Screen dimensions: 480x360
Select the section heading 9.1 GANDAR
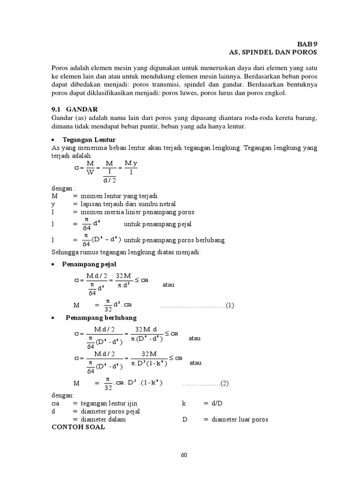pyautogui.click(x=74, y=109)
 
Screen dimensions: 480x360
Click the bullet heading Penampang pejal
pyautogui.click(x=89, y=264)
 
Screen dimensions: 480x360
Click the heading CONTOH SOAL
pyautogui.click(x=78, y=427)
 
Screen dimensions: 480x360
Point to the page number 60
pyautogui.click(x=184, y=454)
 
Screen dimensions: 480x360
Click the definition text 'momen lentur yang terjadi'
pyautogui.click(x=119, y=195)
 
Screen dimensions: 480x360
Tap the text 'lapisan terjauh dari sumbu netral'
pyautogui.click(x=128, y=204)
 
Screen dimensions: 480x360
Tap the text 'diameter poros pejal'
pyautogui.click(x=110, y=412)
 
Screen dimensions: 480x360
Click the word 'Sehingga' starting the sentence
pyautogui.click(x=65, y=253)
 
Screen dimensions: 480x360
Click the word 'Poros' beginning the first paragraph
pyautogui.click(x=60, y=67)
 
